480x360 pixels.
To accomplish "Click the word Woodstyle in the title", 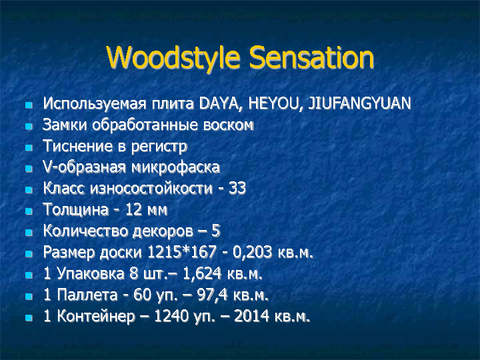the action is [173, 58].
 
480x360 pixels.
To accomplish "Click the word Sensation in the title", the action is [311, 57].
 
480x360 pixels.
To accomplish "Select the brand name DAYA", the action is [218, 103].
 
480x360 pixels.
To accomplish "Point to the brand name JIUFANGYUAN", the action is [359, 103].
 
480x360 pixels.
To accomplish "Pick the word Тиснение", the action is [78, 146].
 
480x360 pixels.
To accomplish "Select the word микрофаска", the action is [176, 167].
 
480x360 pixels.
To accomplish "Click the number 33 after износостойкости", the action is [237, 188].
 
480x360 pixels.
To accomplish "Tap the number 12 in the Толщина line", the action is [134, 210].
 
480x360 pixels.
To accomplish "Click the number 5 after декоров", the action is [216, 231].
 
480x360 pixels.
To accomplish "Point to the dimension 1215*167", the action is [182, 252].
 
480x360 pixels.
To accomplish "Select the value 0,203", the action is [253, 252].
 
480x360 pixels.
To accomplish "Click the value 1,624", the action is [202, 273].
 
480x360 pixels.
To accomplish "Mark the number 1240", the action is [171, 316].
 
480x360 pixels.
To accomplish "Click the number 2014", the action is [252, 316].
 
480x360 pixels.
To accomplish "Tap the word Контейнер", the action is [96, 316].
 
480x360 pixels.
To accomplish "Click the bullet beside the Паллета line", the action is [29, 296].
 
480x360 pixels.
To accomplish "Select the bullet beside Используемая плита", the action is [29, 105].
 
